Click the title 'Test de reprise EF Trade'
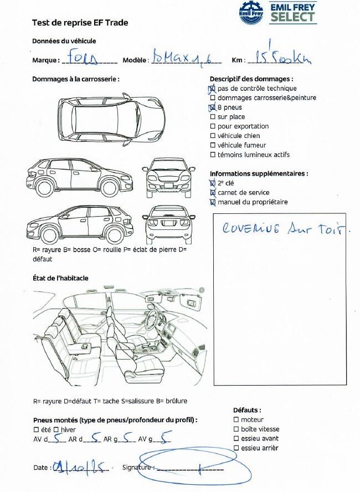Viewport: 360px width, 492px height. (80, 23)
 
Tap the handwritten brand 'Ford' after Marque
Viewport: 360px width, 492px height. (83, 58)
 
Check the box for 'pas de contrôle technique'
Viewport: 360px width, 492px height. (213, 89)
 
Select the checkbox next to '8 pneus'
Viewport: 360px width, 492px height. (213, 107)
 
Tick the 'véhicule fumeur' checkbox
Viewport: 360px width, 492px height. (213, 145)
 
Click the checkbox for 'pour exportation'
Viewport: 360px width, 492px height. (213, 126)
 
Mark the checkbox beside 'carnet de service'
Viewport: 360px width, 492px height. (213, 193)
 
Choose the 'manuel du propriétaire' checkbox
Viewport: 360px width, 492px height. (213, 202)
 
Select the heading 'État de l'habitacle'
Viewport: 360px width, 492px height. (60, 278)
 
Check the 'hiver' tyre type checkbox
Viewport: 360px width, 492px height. (56, 429)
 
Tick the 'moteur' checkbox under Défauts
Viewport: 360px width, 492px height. (236, 420)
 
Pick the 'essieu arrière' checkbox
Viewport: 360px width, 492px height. (236, 448)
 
